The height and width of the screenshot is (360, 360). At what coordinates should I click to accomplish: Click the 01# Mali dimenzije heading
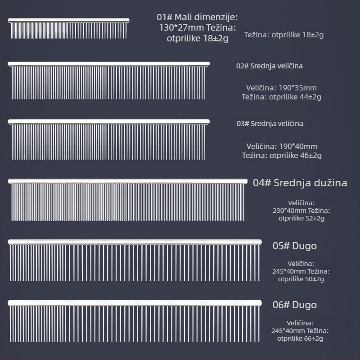pos(197,17)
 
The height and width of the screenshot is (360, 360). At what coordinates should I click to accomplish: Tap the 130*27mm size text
pos(181,27)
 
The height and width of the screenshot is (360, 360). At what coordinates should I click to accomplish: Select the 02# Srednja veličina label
pos(269,66)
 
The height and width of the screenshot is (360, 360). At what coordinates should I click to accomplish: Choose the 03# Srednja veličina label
pos(270,123)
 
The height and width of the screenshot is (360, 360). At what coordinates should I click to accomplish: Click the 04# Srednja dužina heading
pos(300,183)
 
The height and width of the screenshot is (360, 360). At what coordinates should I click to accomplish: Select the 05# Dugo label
pos(295,246)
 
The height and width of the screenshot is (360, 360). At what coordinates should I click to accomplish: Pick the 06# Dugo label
pos(295,305)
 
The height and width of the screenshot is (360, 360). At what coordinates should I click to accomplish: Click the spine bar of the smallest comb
pos(69,20)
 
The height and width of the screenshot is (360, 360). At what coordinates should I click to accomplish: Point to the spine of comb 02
pos(108,64)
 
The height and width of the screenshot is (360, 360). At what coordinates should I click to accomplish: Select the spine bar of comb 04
pos(128,181)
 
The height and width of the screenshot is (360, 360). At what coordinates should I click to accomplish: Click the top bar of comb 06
pos(135,303)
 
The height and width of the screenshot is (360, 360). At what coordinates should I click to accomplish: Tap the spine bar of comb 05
pos(135,242)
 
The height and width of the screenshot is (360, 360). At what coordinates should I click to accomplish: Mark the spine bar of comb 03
pos(108,121)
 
